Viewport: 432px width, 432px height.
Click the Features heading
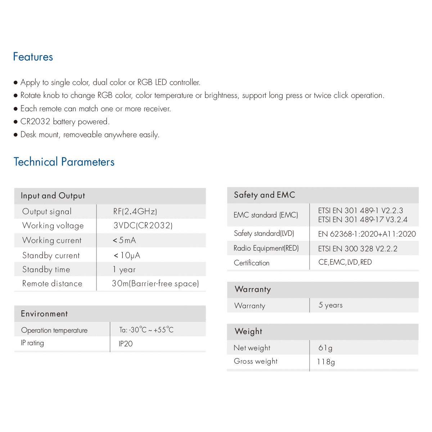(x=33, y=57)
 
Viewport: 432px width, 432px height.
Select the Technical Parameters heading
(x=64, y=162)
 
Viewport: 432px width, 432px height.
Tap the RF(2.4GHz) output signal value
(x=135, y=211)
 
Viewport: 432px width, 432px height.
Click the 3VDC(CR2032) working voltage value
(x=143, y=226)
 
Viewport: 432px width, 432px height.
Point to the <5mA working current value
(x=124, y=240)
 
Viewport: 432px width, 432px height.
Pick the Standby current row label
(x=51, y=256)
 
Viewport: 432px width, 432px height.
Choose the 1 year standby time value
(x=124, y=270)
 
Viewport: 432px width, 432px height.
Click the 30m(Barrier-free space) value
(x=155, y=284)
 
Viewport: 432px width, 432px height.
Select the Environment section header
(x=44, y=314)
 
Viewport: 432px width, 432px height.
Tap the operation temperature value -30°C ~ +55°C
(x=147, y=330)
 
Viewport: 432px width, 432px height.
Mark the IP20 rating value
(x=126, y=344)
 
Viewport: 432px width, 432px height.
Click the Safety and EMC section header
(x=265, y=195)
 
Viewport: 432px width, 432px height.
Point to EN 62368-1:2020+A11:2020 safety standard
(x=367, y=234)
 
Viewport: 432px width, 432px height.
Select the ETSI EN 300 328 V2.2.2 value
(x=358, y=249)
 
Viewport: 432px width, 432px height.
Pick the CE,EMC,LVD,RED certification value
(x=345, y=262)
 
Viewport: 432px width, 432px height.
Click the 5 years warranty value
(x=330, y=305)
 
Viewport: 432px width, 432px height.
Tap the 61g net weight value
(x=325, y=348)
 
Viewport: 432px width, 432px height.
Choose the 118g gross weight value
(x=326, y=362)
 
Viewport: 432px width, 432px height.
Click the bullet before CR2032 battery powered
(x=15, y=122)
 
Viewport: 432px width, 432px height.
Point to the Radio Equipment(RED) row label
(x=266, y=248)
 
